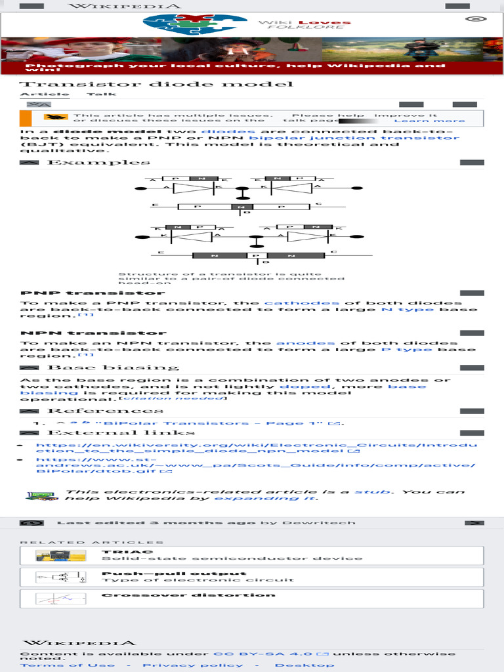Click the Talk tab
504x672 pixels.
(101, 94)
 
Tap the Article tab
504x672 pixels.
(35, 94)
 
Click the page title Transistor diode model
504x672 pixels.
(156, 84)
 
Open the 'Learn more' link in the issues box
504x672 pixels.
(429, 121)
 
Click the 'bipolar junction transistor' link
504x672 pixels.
(354, 138)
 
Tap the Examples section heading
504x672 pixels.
(98, 162)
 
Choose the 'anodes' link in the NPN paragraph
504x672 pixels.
(305, 343)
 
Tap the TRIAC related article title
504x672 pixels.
(118, 552)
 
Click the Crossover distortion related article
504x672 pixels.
(188, 595)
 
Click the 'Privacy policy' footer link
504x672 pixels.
(192, 665)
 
